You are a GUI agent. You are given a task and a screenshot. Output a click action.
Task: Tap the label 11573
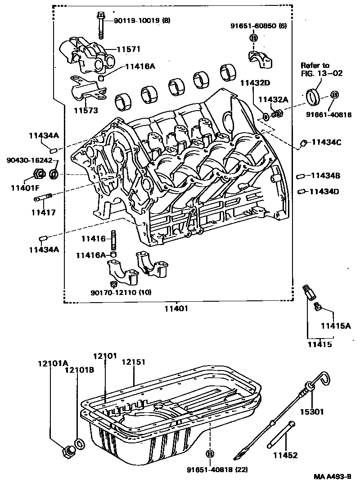tap(86, 110)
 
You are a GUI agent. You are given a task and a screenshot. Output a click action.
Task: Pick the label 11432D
tap(254, 83)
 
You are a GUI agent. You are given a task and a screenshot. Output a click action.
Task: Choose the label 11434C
tap(326, 143)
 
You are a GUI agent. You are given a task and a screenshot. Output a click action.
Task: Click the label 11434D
tap(325, 192)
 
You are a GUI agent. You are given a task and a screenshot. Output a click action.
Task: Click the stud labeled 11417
tap(44, 197)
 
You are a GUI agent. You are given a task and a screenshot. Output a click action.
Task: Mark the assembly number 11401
tap(175, 309)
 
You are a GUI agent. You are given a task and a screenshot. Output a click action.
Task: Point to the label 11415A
tap(335, 325)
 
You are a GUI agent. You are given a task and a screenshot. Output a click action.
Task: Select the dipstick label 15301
tap(312, 411)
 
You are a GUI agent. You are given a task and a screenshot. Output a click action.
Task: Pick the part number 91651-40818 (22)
tap(217, 470)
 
